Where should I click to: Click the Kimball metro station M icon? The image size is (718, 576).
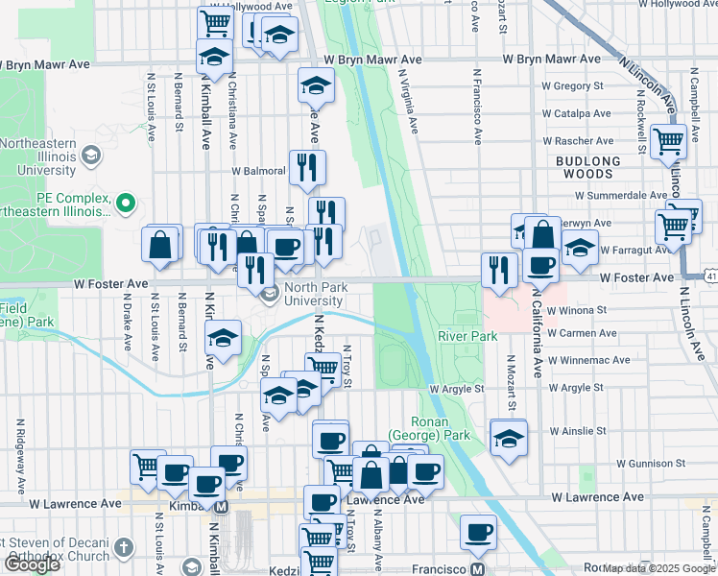click(222, 506)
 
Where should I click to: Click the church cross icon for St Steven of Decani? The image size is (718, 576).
click(123, 547)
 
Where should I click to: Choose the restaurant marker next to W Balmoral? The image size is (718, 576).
click(307, 167)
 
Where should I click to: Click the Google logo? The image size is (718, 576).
click(32, 565)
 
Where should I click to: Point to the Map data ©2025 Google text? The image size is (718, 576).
click(658, 568)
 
